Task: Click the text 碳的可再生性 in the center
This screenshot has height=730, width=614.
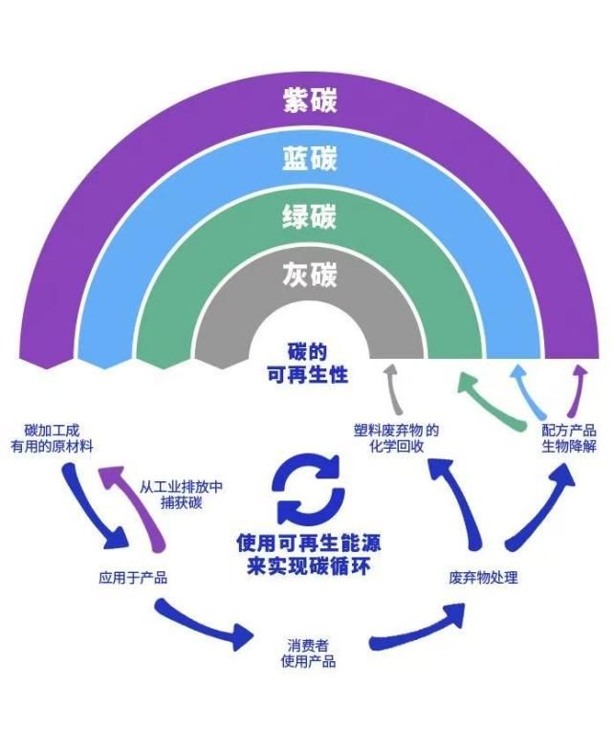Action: click(x=308, y=363)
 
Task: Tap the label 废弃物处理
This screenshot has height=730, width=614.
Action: click(x=484, y=578)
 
